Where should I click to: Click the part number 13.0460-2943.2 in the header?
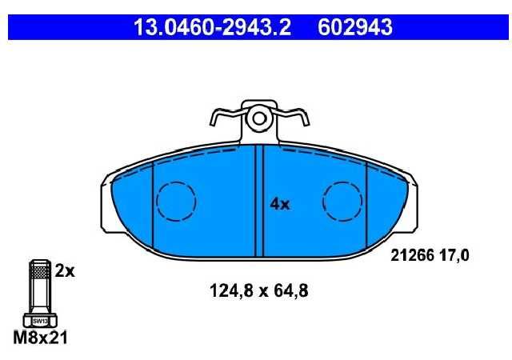pos(212,27)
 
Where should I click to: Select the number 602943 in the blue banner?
pos(355,27)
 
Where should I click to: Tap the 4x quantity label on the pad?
pos(280,205)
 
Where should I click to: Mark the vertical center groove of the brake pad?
pos(259,200)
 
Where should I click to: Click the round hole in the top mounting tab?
pos(259,119)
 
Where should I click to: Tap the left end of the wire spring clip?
pos(212,123)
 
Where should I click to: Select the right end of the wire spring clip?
pos(306,123)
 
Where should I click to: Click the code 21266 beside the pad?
pos(412,255)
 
